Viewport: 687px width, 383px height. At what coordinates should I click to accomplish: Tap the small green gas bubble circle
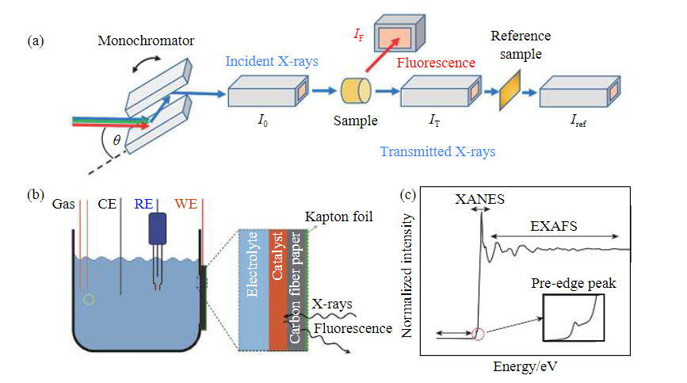coord(90,299)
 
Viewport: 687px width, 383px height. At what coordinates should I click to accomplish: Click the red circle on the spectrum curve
coord(479,334)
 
